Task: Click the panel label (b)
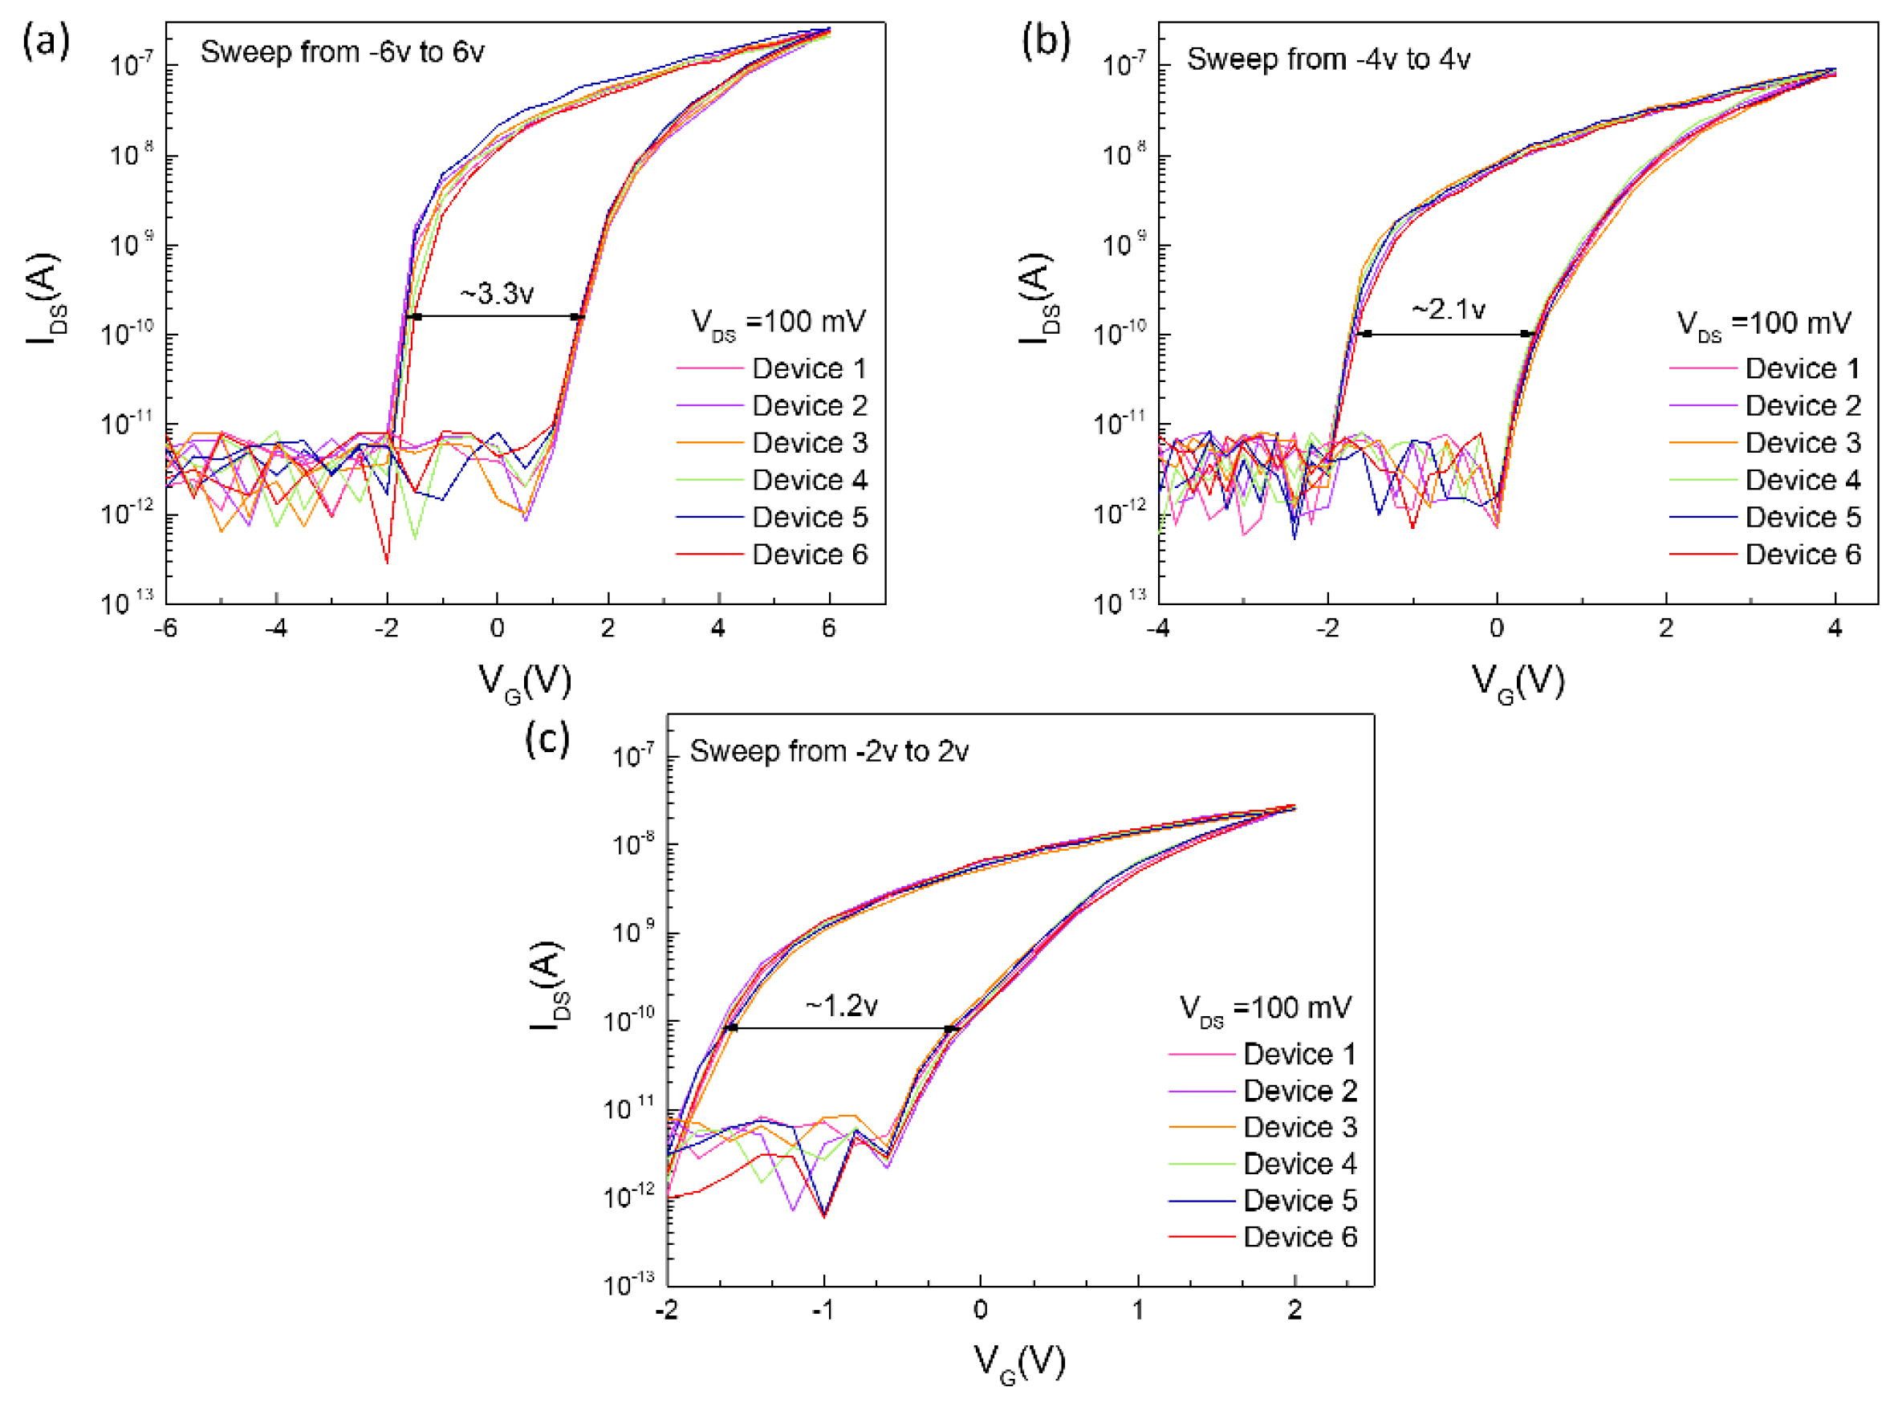[1045, 41]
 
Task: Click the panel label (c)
[547, 738]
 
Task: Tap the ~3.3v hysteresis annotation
[497, 294]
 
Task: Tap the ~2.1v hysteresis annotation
[1448, 308]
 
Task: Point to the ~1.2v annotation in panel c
[841, 1006]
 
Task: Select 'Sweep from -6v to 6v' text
[343, 52]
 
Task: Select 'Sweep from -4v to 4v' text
[1328, 59]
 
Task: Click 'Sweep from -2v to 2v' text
[828, 751]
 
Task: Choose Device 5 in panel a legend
[809, 517]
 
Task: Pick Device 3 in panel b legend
[1802, 443]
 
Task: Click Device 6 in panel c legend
[1299, 1236]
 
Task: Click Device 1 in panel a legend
[809, 368]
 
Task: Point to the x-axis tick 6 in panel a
[828, 628]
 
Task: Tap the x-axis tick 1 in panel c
[1138, 1310]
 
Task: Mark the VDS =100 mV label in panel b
[1764, 323]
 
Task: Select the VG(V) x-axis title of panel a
[525, 681]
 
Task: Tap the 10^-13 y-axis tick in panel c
[628, 1284]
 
